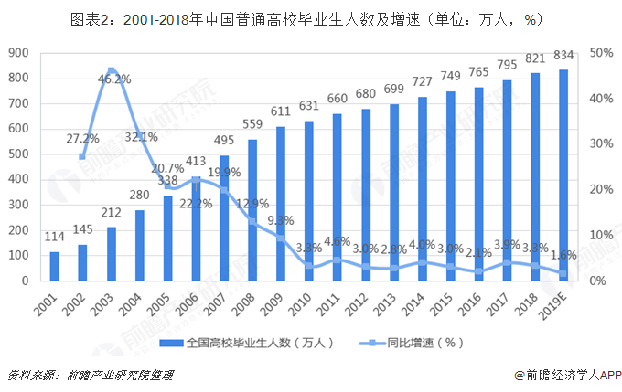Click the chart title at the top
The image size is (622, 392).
(311, 17)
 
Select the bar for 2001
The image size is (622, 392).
(55, 266)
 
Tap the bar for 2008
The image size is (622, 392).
(252, 210)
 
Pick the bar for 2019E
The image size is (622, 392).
(563, 175)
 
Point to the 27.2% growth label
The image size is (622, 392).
(82, 139)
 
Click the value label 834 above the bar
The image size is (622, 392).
(563, 57)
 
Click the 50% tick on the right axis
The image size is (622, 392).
(601, 53)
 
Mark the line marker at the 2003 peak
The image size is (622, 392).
(111, 70)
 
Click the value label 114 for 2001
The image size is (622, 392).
(55, 238)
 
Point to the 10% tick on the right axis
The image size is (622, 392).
(601, 235)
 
